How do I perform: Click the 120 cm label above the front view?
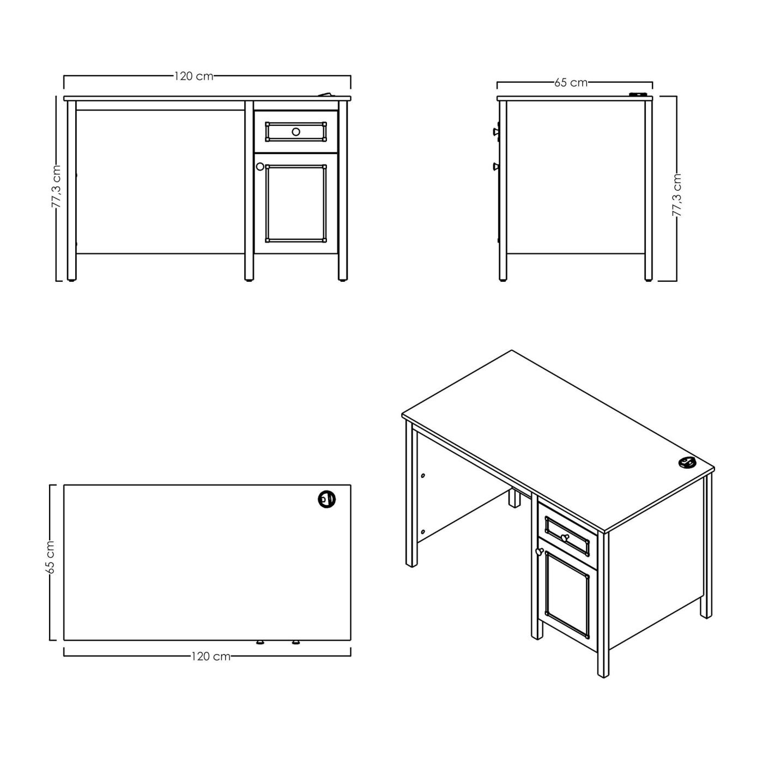(x=193, y=76)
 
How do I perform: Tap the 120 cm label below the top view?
(x=211, y=656)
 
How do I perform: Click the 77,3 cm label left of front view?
(x=57, y=187)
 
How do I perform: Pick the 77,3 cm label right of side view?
(x=677, y=195)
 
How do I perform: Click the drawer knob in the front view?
(x=296, y=132)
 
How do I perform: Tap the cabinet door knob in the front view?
(x=260, y=167)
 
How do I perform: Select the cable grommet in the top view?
(x=326, y=499)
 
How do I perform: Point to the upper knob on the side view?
(x=496, y=130)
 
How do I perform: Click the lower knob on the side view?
(x=496, y=166)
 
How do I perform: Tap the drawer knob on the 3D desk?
(x=564, y=537)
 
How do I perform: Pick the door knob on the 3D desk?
(x=538, y=551)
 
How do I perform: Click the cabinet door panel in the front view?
(x=296, y=203)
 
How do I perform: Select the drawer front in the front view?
(x=296, y=132)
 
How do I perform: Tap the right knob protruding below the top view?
(x=295, y=642)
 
